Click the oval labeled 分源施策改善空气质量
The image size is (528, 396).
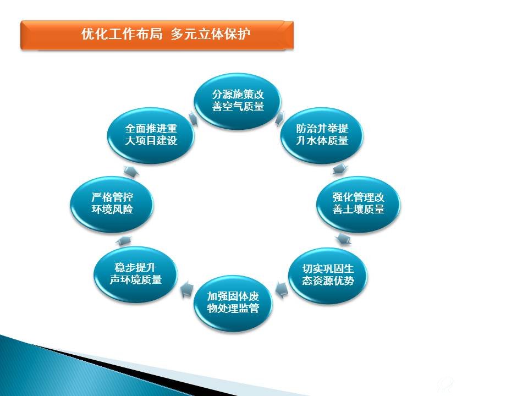click(238, 101)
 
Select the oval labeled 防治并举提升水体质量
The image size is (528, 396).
click(322, 135)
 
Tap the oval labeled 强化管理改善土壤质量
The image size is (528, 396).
click(358, 204)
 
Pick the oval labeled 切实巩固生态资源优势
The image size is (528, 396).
click(328, 275)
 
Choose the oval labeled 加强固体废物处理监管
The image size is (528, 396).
click(233, 302)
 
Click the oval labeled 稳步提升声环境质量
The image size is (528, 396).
click(135, 274)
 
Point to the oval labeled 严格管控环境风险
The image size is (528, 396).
click(112, 204)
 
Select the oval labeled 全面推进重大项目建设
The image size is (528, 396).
click(151, 135)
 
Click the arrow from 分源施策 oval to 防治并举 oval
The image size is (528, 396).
click(280, 118)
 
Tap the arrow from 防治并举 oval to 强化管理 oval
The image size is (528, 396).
click(339, 169)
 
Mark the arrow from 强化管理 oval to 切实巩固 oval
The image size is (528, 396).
click(343, 239)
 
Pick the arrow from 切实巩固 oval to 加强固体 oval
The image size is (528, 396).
click(282, 290)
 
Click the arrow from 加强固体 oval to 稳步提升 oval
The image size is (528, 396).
click(187, 290)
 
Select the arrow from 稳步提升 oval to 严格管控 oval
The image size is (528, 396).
click(124, 240)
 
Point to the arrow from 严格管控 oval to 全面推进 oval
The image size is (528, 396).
click(131, 171)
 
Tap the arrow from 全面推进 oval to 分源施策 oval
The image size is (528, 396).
click(193, 118)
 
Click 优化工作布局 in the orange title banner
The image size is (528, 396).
click(122, 34)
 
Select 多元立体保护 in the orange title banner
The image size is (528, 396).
click(211, 34)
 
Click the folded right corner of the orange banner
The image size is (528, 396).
click(289, 26)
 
